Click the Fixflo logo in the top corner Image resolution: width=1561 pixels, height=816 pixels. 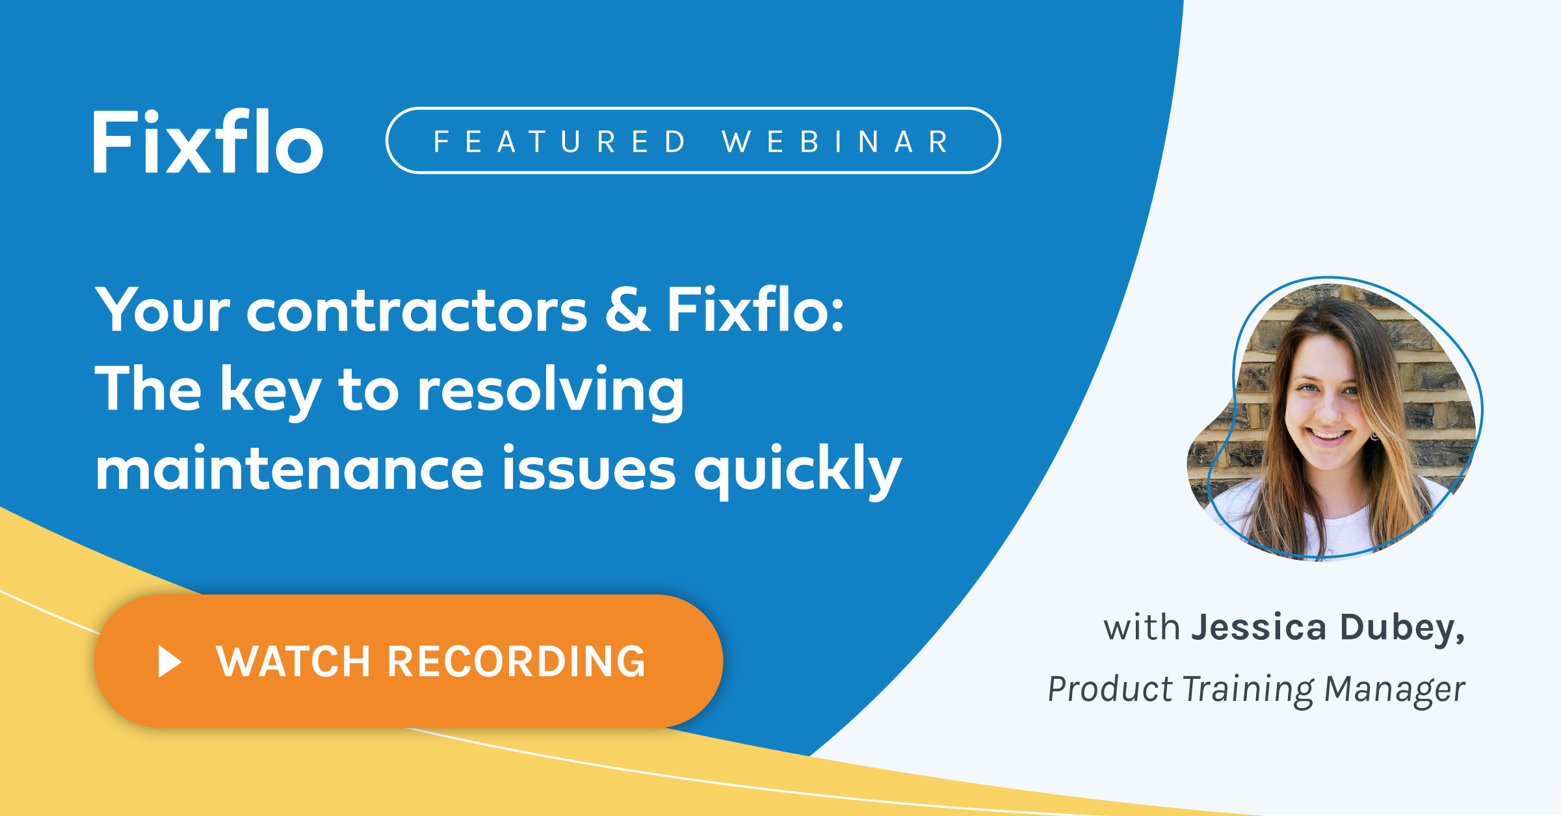point(208,142)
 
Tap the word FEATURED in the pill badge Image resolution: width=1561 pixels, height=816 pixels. point(560,142)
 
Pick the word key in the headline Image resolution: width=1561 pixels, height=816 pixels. point(270,391)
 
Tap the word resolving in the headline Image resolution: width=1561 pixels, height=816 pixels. point(550,391)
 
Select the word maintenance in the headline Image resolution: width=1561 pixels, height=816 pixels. point(289,469)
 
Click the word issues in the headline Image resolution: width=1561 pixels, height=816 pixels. point(588,469)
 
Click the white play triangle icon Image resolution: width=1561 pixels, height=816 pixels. point(170,662)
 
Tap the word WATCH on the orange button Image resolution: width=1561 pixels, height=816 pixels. point(293,662)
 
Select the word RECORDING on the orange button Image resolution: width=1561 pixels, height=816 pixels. point(516,662)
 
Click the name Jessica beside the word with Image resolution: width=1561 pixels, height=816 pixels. point(1259,628)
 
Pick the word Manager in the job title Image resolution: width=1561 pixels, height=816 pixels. point(1395,689)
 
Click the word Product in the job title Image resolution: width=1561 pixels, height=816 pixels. point(1110,689)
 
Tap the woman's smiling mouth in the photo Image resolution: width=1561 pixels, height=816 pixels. point(1329,434)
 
